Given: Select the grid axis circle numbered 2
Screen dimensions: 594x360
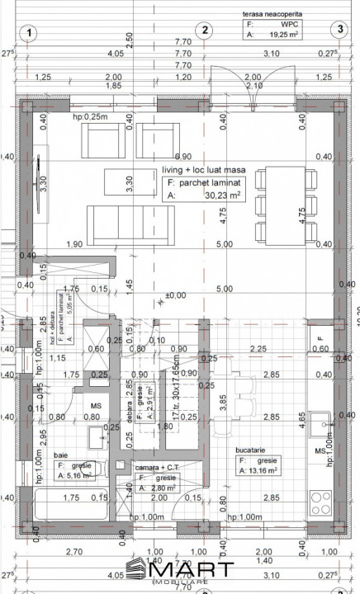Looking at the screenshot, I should point(202,31).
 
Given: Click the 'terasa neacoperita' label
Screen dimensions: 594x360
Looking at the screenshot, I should point(272,14).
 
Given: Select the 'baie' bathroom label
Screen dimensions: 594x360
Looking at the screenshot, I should point(61,455).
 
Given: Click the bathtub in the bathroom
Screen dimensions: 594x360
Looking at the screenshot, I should point(74,505).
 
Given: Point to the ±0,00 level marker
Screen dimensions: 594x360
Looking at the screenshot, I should point(175,295).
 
